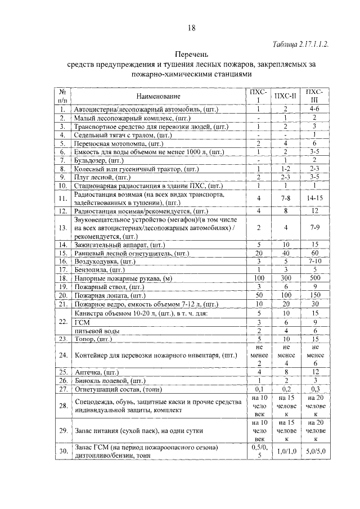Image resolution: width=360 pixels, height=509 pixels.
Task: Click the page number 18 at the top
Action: pyautogui.click(x=191, y=28)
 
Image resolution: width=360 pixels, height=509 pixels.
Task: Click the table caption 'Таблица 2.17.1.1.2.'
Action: pyautogui.click(x=300, y=43)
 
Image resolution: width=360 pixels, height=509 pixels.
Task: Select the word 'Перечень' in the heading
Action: pyautogui.click(x=191, y=55)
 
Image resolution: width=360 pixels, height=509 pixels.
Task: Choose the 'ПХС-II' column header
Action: pyautogui.click(x=286, y=96)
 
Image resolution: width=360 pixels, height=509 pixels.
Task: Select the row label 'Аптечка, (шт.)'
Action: pyautogui.click(x=96, y=372)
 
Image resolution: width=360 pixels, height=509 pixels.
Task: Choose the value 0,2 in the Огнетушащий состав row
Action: pyautogui.click(x=286, y=389)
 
